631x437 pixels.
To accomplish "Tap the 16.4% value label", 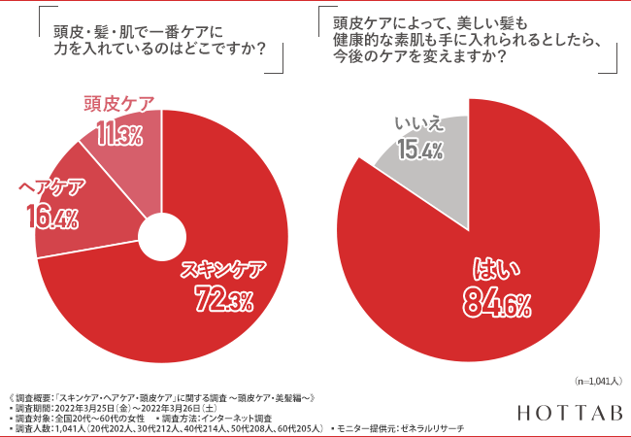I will point(48,218).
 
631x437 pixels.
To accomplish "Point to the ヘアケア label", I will point(50,188).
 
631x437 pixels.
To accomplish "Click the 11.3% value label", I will point(117,134).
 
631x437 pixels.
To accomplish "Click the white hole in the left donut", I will point(162,237).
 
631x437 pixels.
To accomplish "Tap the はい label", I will point(495,268).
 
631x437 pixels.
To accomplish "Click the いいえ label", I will point(419,122).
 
